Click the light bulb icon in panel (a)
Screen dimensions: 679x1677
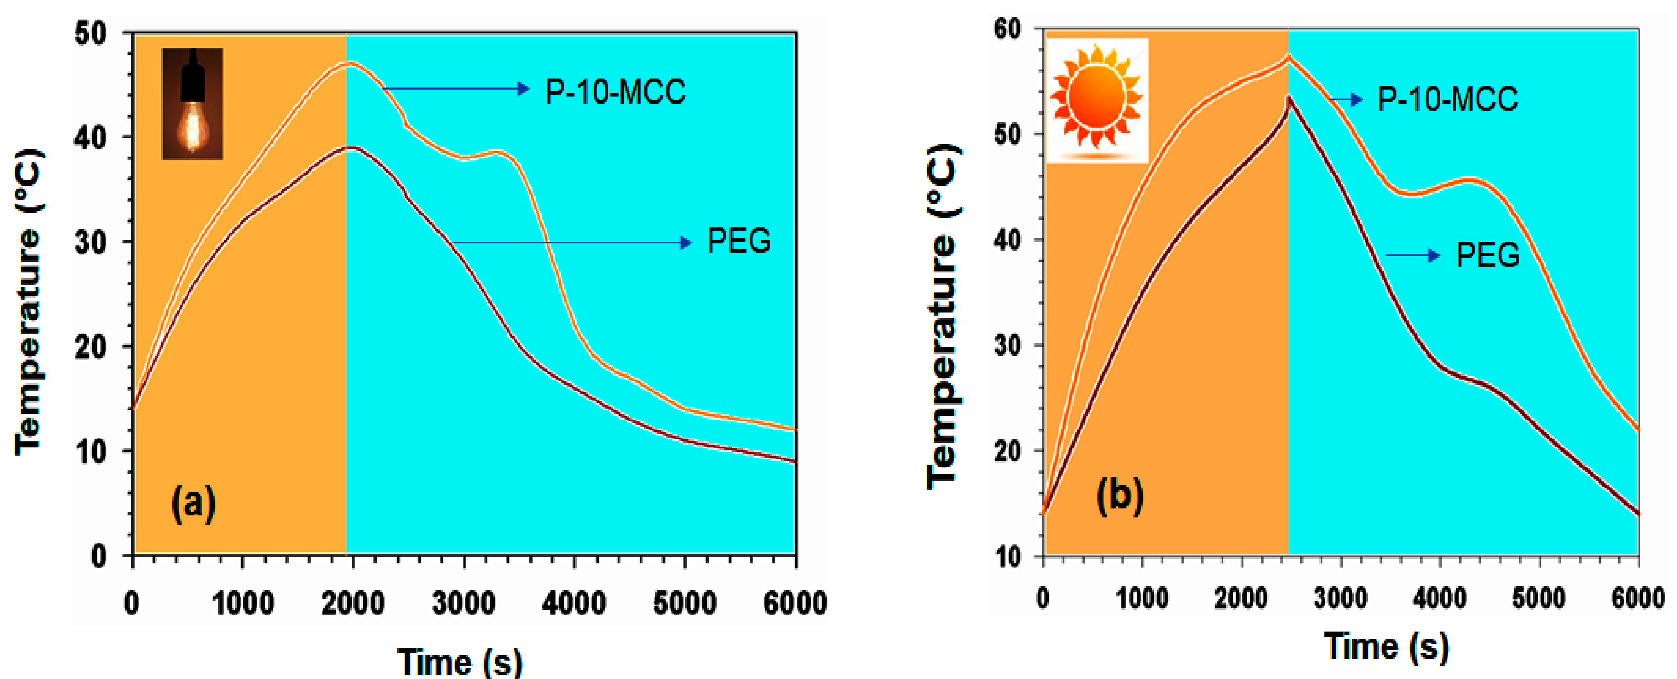(x=192, y=103)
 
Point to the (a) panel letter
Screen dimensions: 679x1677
(x=193, y=503)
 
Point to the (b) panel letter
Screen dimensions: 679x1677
(x=1120, y=496)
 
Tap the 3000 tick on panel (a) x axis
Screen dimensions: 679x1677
(x=463, y=603)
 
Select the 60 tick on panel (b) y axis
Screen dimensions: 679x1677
(x=1008, y=29)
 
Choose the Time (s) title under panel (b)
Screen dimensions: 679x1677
(x=1387, y=646)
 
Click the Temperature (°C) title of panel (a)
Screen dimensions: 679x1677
(x=30, y=303)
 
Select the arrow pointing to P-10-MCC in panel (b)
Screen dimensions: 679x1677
(x=1346, y=99)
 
